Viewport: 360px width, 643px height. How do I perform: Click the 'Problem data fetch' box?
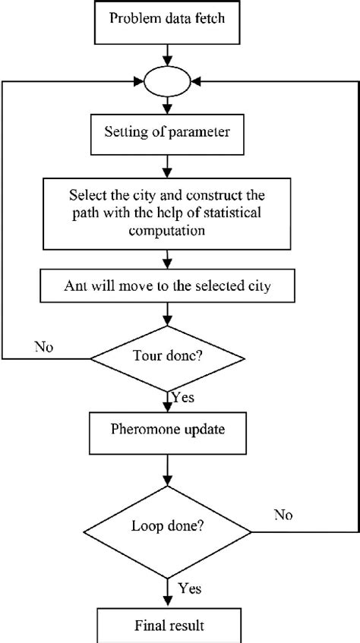(x=166, y=18)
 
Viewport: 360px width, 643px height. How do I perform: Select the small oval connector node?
(x=166, y=80)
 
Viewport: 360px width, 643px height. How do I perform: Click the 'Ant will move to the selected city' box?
(x=166, y=287)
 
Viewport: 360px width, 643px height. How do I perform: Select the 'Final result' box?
(x=166, y=627)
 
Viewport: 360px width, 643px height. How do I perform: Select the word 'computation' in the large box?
(x=166, y=233)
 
